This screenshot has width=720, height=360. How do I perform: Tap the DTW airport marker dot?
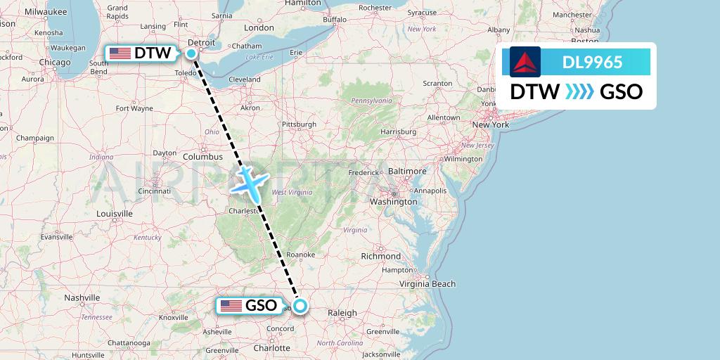click(x=191, y=53)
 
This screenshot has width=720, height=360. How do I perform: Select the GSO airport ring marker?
click(x=300, y=305)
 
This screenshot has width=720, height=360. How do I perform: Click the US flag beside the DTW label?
click(x=120, y=53)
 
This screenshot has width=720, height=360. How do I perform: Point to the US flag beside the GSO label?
click(x=231, y=306)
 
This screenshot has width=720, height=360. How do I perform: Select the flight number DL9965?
click(x=592, y=62)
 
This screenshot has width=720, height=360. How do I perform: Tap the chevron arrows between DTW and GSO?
click(x=580, y=91)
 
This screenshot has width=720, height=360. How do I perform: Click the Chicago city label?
click(x=55, y=63)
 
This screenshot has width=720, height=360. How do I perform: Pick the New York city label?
click(x=490, y=124)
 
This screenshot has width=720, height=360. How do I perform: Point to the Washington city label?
click(x=394, y=202)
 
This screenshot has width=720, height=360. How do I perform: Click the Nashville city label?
click(x=82, y=297)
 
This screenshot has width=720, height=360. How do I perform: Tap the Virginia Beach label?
click(x=427, y=284)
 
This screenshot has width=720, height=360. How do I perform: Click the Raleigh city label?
click(x=342, y=313)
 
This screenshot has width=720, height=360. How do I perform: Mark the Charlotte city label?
click(x=271, y=347)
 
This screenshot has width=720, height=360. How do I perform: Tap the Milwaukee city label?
click(x=44, y=12)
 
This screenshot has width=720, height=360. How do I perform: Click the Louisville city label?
click(x=115, y=213)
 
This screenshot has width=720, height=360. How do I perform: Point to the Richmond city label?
click(x=380, y=256)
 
